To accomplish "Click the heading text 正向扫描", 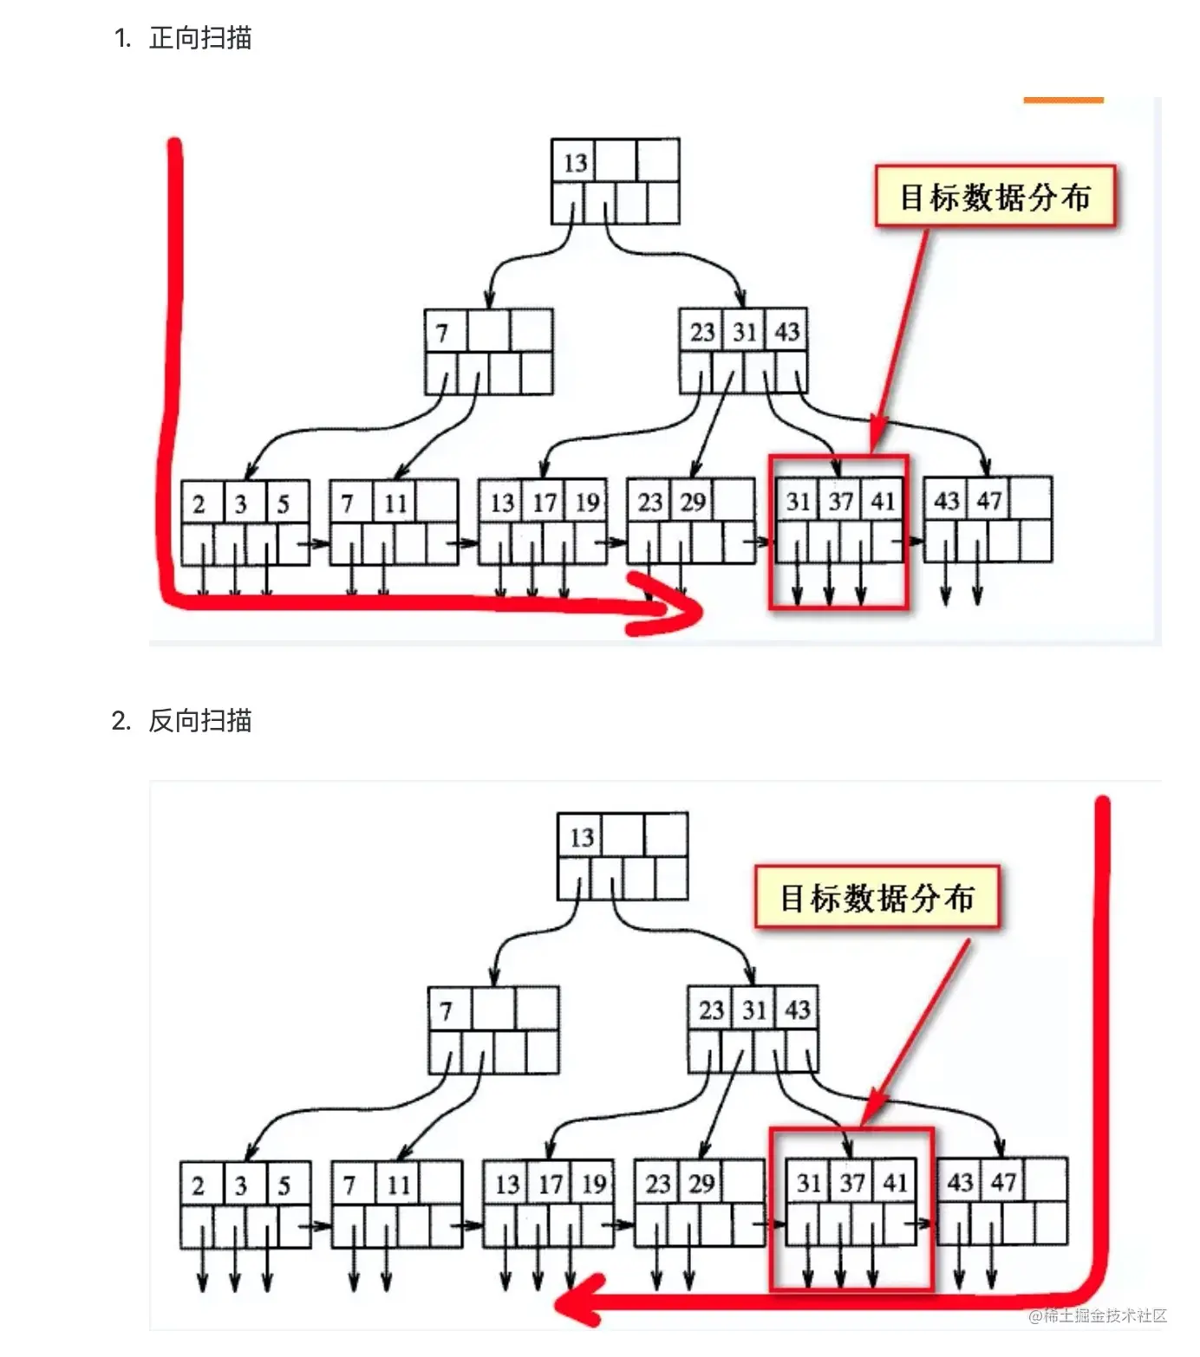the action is point(200,38).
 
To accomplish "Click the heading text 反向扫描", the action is point(200,721).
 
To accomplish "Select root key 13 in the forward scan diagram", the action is point(575,162).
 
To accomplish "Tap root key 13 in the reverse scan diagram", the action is point(581,837).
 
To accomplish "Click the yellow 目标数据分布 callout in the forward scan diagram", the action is point(995,197).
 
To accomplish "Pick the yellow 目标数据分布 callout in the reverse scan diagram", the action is point(877,898).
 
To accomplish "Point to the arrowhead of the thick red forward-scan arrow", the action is point(685,611).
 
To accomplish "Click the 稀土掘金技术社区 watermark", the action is point(1098,1315).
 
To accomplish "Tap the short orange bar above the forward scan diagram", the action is point(1063,101).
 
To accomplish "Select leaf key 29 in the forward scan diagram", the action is point(692,502).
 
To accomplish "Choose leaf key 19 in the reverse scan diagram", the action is point(593,1184).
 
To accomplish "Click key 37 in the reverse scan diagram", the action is point(851,1183).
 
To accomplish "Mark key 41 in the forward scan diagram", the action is point(883,501).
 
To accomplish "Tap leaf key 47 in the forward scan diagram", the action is point(988,500).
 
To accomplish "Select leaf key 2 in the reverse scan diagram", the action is point(199,1185).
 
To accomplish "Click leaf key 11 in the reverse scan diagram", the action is point(398,1185).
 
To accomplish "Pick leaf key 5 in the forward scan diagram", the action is point(283,503).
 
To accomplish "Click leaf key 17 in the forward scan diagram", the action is point(544,503).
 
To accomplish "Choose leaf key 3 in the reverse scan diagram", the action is point(241,1185).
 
